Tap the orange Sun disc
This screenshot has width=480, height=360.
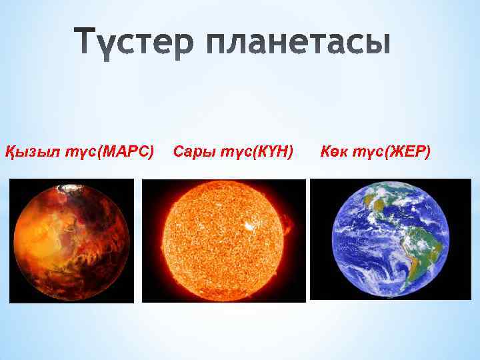[223, 241]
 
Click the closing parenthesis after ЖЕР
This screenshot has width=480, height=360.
[428, 152]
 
